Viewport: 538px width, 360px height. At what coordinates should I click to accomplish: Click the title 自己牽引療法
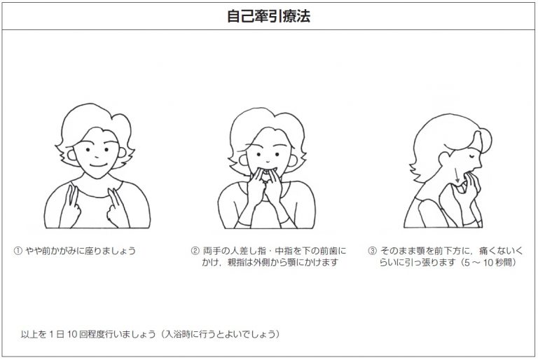tap(269, 16)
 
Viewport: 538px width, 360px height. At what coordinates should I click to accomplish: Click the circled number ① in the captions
tap(18, 251)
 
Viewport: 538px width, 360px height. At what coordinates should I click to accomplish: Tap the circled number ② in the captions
tap(195, 251)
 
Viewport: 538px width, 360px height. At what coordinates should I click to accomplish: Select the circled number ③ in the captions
tap(372, 251)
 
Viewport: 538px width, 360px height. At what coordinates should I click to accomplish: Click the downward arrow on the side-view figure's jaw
tap(457, 175)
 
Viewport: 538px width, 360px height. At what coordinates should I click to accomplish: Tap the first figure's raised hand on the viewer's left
tap(70, 207)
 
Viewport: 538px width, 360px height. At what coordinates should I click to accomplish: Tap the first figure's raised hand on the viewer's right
tap(115, 207)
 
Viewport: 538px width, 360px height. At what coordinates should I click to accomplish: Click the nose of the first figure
tap(97, 156)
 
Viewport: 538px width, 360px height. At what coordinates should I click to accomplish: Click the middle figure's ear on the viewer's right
tap(293, 160)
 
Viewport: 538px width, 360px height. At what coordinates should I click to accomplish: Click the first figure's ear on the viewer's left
tap(72, 155)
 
